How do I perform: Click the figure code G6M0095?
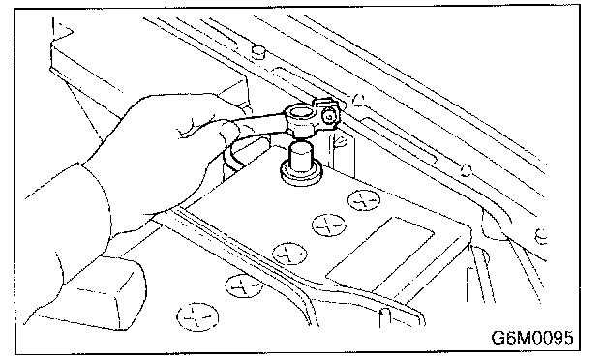click(x=532, y=338)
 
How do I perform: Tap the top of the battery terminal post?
click(x=301, y=146)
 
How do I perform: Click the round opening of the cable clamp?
click(x=298, y=113)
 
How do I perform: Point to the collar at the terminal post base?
click(x=301, y=173)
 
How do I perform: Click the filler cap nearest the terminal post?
click(x=364, y=200)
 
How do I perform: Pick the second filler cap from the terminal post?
click(x=328, y=225)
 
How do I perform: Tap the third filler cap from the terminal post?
click(x=289, y=255)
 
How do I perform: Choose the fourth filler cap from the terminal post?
click(x=244, y=286)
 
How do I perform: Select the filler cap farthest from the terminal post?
click(x=197, y=317)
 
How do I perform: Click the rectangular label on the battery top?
click(x=379, y=254)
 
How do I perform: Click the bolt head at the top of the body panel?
click(x=258, y=52)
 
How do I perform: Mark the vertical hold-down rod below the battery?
click(x=384, y=317)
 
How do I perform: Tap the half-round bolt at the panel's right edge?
click(x=541, y=235)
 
